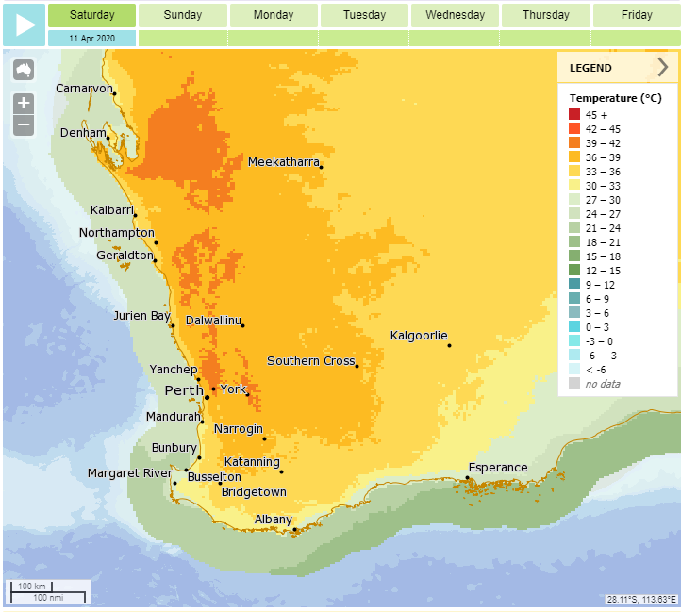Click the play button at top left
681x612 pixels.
tap(24, 25)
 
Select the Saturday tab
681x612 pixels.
tap(91, 15)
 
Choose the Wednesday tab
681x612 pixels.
tap(455, 15)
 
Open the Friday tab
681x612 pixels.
tap(637, 15)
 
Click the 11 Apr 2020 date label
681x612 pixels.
tap(91, 39)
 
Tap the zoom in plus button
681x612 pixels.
tap(24, 103)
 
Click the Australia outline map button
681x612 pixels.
tap(24, 70)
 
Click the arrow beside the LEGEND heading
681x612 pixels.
tap(663, 68)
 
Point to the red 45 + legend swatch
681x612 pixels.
tap(575, 114)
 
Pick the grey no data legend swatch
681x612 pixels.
tap(575, 383)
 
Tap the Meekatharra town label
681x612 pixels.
tap(283, 162)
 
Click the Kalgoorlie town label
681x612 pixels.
tap(419, 337)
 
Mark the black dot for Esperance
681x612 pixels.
tap(467, 477)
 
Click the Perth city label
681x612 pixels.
tap(184, 390)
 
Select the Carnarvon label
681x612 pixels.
tap(84, 88)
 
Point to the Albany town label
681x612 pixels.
tap(274, 520)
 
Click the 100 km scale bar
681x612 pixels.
tap(48, 592)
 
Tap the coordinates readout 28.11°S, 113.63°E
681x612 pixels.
tap(640, 600)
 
